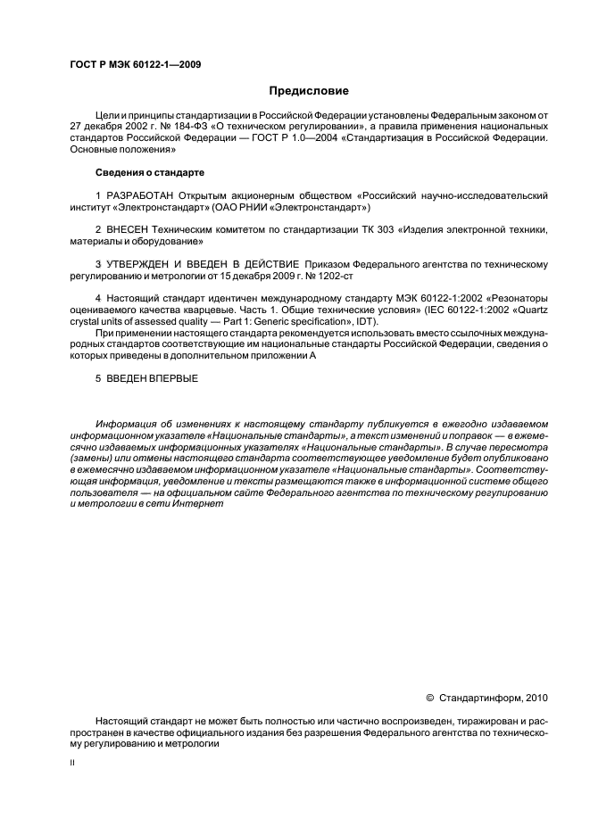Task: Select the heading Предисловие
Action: coord(309,90)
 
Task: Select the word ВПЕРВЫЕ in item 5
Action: coord(171,378)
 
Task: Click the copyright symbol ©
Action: coord(430,698)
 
